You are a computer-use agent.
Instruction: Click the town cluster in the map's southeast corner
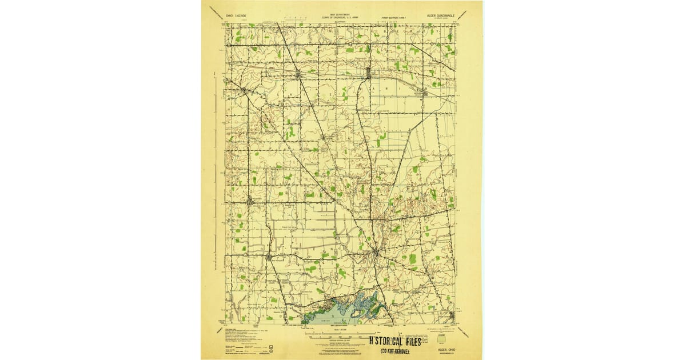[x=452, y=314]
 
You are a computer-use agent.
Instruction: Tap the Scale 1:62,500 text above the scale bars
[x=342, y=330]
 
